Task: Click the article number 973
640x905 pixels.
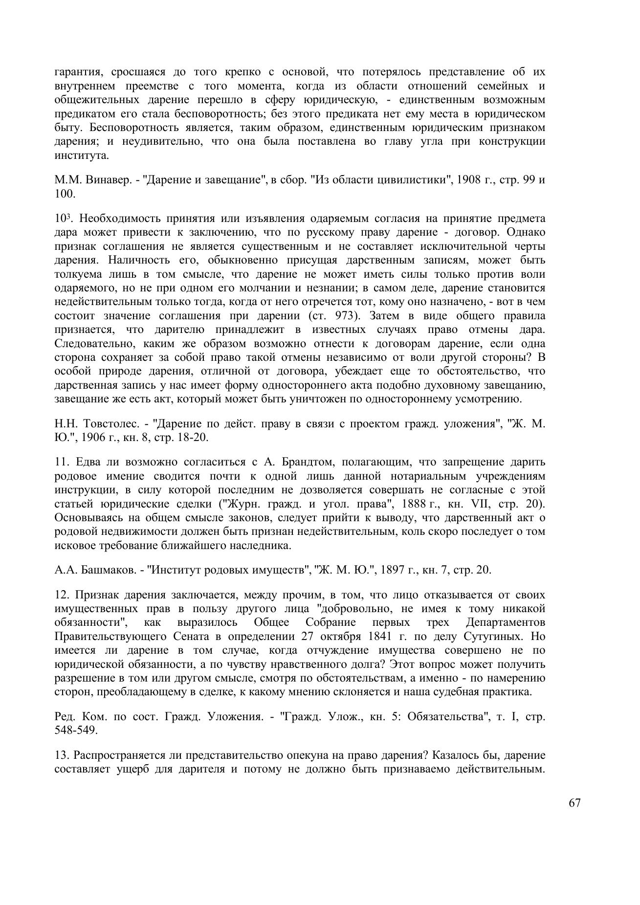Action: (x=342, y=315)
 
